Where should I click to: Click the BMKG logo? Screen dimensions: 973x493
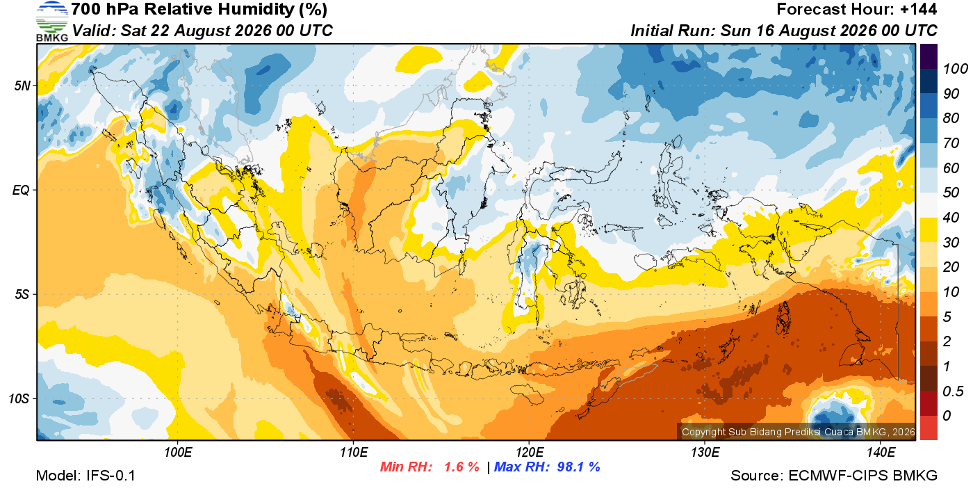click(51, 22)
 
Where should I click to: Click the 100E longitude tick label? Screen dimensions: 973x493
click(178, 453)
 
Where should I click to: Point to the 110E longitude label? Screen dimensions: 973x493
click(354, 453)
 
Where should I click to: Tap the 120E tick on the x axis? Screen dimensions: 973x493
click(530, 453)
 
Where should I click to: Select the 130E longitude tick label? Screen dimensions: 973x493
click(705, 453)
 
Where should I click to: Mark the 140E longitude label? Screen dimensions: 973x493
click(881, 453)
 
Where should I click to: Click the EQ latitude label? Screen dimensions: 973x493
click(22, 191)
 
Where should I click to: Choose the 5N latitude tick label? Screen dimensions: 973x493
click(22, 86)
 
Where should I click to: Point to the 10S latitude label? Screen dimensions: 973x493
click(19, 398)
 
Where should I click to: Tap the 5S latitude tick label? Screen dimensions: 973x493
click(22, 295)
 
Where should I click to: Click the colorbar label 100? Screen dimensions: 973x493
click(955, 69)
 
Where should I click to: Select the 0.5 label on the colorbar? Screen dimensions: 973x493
click(953, 391)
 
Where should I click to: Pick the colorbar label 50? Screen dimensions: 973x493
click(951, 193)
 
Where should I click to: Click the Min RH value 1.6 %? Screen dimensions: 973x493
click(461, 467)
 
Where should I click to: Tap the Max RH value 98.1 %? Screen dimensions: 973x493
click(578, 467)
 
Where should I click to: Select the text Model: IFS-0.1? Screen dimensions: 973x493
click(85, 476)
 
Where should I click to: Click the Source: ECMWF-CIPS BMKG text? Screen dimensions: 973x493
click(834, 476)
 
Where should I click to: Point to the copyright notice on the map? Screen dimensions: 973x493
click(798, 432)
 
